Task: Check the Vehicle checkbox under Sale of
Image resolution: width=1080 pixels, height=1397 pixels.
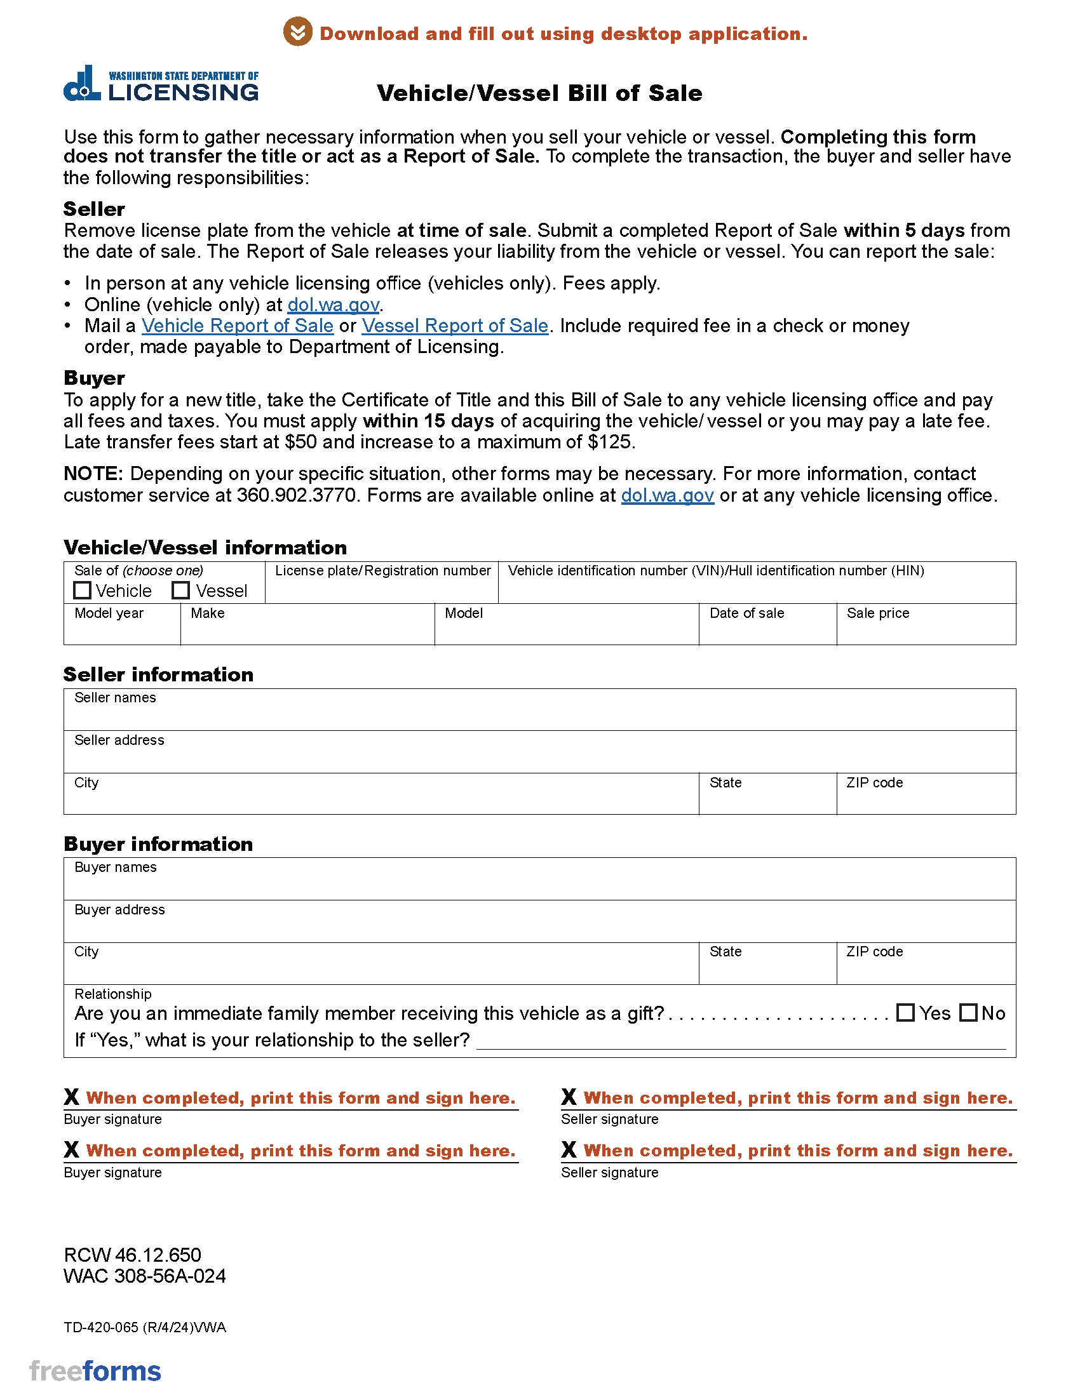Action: point(82,590)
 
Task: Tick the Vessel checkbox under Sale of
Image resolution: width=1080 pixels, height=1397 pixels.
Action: point(181,590)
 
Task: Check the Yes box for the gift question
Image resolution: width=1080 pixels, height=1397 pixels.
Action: point(905,1013)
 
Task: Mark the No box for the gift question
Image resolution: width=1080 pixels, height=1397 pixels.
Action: point(969,1013)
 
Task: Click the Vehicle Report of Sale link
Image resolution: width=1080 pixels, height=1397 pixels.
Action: point(238,326)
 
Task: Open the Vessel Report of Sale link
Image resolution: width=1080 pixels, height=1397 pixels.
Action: point(455,326)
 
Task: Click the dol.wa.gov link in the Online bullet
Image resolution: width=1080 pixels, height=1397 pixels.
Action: point(334,304)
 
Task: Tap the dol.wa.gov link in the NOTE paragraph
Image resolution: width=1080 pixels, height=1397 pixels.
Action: point(667,495)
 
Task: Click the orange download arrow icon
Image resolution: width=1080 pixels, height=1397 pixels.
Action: point(297,32)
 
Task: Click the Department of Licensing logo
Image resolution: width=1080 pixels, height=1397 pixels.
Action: point(161,84)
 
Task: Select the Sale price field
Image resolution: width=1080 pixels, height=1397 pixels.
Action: point(925,631)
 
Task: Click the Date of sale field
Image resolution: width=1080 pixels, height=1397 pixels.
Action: point(767,631)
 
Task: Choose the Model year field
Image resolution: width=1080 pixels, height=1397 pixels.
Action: point(121,631)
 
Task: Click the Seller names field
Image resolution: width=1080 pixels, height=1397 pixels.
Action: point(539,715)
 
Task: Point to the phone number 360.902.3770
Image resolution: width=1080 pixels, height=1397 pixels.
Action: point(296,495)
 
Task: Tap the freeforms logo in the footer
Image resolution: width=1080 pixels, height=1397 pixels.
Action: point(95,1371)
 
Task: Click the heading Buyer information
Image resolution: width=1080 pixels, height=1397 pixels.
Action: point(158,844)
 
